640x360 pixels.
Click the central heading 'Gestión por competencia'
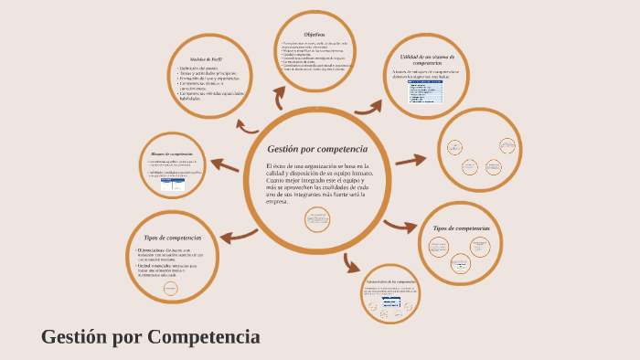(316, 149)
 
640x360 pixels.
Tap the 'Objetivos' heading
(315, 35)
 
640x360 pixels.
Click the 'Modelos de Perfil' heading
(206, 58)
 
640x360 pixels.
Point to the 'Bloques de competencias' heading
(172, 154)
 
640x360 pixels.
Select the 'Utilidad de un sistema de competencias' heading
(427, 59)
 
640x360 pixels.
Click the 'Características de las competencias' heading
(390, 281)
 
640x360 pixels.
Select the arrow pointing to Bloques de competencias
(225, 165)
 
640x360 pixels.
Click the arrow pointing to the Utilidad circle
(368, 107)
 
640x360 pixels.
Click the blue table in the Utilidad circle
(425, 92)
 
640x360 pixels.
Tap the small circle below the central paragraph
(318, 220)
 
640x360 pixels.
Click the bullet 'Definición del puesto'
(198, 69)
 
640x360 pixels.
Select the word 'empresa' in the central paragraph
(276, 201)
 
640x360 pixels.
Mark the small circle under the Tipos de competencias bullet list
(170, 289)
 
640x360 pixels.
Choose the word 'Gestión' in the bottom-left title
(74, 336)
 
